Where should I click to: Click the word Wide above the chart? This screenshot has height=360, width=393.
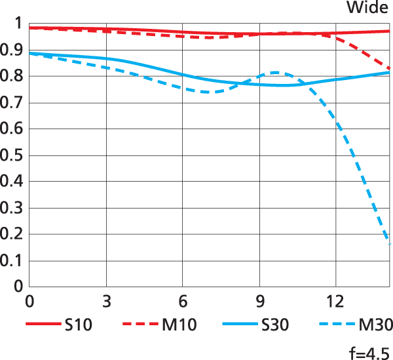pos(367,9)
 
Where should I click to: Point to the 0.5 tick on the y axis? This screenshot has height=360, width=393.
pos(13,155)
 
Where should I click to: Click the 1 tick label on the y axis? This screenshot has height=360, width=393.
pos(18,24)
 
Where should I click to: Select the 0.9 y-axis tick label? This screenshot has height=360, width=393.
pos(13,50)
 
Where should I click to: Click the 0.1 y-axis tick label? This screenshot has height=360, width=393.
pos(13,260)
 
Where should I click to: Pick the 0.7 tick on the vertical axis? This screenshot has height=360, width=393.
pos(13,102)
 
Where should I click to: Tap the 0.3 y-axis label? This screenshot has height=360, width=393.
pos(13,208)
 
